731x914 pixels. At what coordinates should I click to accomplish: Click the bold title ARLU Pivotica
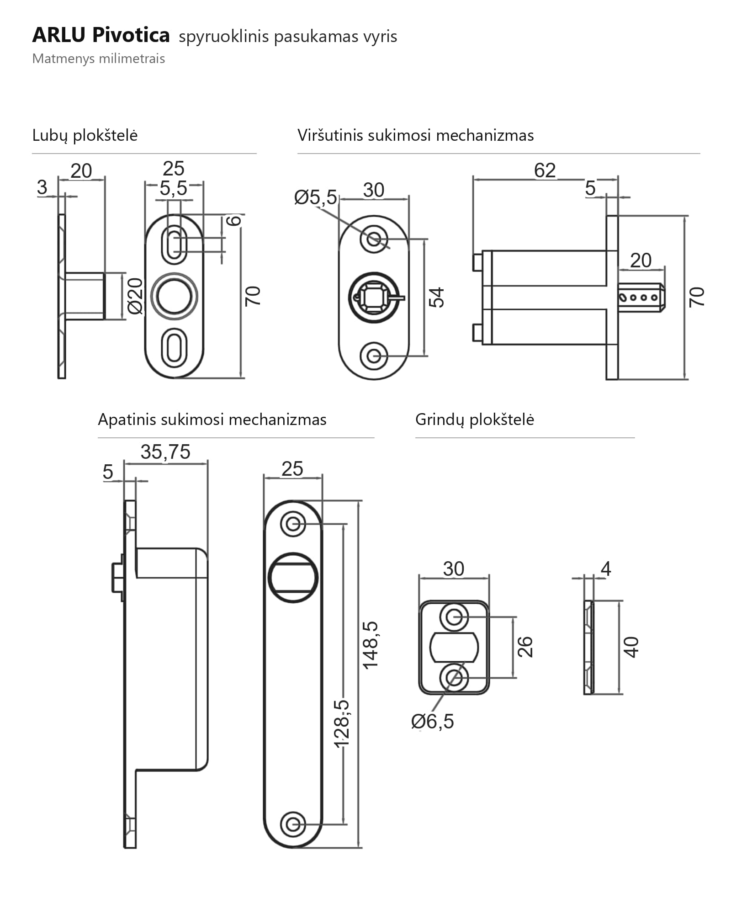click(x=101, y=35)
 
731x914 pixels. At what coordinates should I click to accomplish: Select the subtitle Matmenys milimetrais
click(x=98, y=59)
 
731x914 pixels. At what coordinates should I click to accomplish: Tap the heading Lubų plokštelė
click(x=85, y=135)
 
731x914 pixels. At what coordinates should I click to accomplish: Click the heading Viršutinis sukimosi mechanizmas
click(x=415, y=135)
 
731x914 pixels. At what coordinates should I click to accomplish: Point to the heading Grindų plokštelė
click(x=474, y=420)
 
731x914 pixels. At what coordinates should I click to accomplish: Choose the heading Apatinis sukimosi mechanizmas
click(x=212, y=420)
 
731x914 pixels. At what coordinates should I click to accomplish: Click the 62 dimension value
click(x=545, y=170)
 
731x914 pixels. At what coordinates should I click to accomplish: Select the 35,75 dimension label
click(x=165, y=452)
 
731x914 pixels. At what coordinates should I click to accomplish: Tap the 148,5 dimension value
click(x=370, y=645)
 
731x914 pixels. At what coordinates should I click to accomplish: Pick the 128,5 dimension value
click(x=342, y=723)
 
